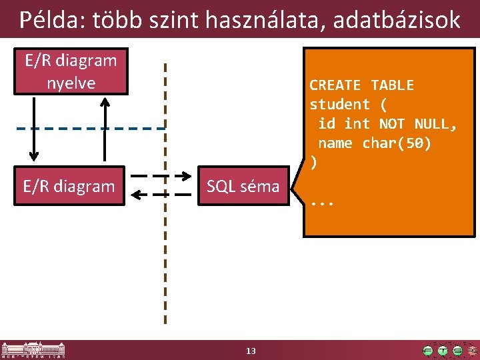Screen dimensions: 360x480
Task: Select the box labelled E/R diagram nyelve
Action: [71, 71]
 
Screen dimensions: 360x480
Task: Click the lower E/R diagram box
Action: [69, 186]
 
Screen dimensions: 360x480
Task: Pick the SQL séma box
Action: [243, 186]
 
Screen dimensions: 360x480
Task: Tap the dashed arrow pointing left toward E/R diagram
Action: [161, 195]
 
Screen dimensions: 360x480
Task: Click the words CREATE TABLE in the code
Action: [361, 85]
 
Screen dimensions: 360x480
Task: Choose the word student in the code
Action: [339, 105]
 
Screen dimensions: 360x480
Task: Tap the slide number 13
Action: [251, 351]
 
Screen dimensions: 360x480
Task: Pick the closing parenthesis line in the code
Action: [313, 162]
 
